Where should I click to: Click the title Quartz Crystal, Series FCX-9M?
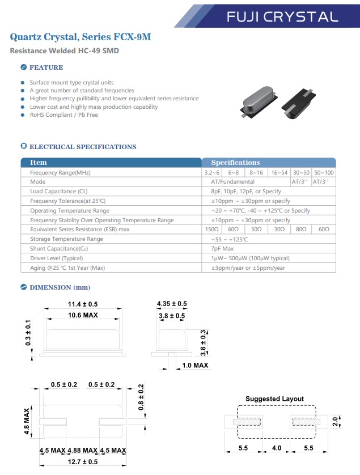point(81,38)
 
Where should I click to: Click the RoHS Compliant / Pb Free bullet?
point(64,114)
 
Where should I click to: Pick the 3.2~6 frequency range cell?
point(212,172)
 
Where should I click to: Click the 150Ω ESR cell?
point(212,230)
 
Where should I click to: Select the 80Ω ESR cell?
point(300,230)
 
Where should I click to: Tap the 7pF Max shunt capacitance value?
point(222,249)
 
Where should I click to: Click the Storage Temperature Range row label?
point(66,239)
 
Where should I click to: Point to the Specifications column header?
point(235,163)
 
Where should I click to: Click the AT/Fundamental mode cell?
point(232,182)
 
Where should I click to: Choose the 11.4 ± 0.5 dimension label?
point(83,304)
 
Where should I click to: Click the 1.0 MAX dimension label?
point(195,365)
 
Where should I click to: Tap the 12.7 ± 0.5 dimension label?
point(83,461)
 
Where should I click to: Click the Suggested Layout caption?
point(274,399)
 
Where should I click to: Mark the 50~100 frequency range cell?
point(324,172)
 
